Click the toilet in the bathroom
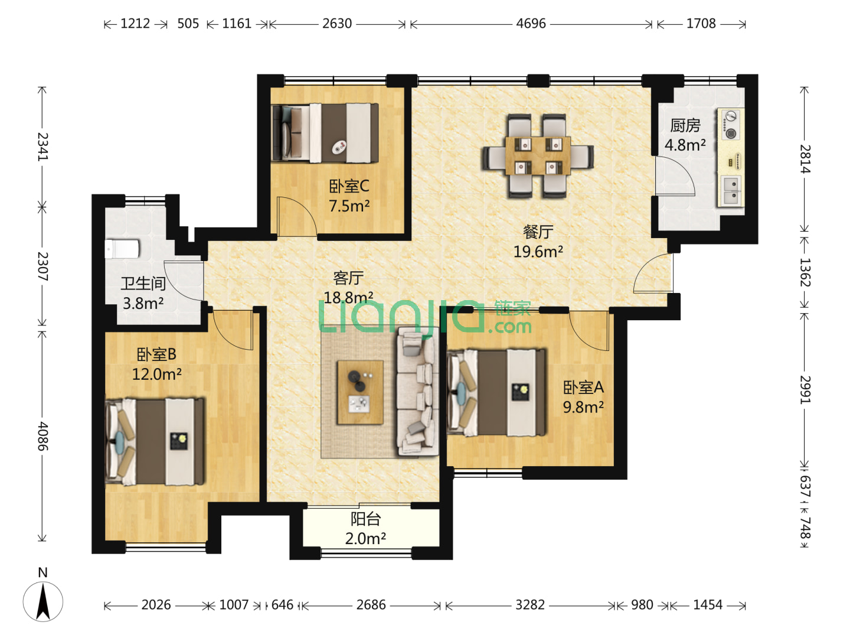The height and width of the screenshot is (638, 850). pos(122,249)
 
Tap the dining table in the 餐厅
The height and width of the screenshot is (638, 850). pos(538,155)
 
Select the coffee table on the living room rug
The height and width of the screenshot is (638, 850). pos(359,392)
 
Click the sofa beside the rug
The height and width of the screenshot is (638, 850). pos(417,391)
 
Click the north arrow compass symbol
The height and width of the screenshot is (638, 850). pos(42,597)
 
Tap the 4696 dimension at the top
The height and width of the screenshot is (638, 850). pos(531,24)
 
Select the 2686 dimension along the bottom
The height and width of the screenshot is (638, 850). pos(371,605)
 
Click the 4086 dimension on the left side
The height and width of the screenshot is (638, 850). pos(42,436)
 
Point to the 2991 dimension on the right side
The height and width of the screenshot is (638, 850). pos(805,389)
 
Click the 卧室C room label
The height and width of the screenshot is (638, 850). pos(349,186)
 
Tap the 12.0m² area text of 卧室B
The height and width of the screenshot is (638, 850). pos(157,374)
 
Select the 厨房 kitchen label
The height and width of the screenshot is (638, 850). pos(685,125)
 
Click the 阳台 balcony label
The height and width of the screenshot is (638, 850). pos(366,519)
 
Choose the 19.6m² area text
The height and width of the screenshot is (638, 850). pos(538,252)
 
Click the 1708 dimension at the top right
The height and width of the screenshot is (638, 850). pos(701,24)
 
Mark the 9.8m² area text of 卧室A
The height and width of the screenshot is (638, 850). pos(583,407)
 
